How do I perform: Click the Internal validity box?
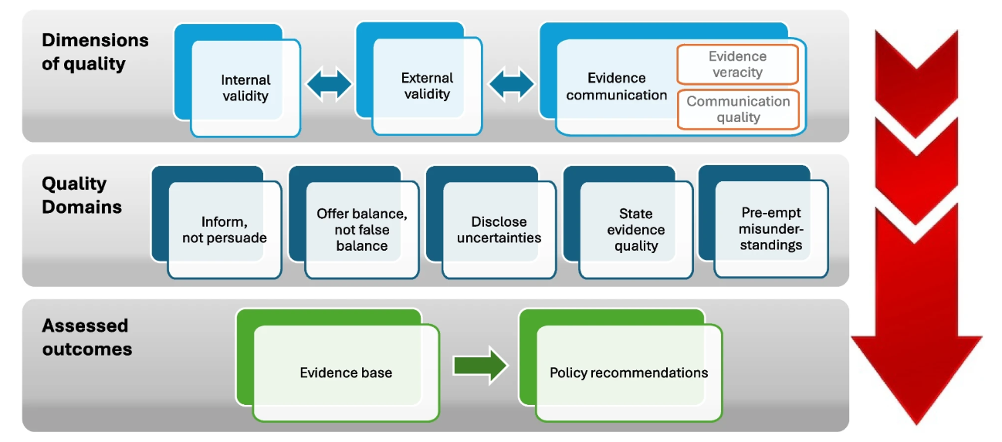(245, 88)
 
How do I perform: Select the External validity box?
(426, 86)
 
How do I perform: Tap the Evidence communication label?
(616, 86)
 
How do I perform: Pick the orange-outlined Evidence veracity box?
(737, 65)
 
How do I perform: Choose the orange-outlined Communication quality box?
(738, 110)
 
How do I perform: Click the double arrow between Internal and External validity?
(329, 84)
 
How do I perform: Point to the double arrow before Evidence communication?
(512, 83)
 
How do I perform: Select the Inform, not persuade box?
(225, 230)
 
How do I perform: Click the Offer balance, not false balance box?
(362, 229)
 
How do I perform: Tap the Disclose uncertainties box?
(499, 230)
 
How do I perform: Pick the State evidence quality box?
(636, 229)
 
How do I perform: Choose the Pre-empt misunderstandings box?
(770, 228)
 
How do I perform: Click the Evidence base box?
(346, 373)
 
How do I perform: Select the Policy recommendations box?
(628, 373)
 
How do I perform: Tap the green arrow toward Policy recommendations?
(479, 366)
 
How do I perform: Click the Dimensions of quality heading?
(95, 52)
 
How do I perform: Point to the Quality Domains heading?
(82, 195)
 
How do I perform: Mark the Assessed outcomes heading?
(86, 337)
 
